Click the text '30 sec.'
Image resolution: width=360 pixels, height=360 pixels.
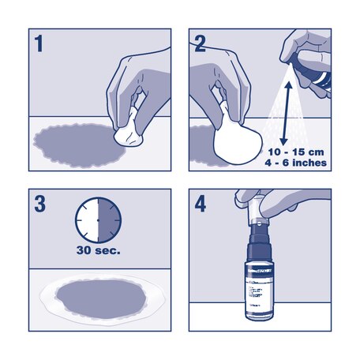point(98,253)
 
